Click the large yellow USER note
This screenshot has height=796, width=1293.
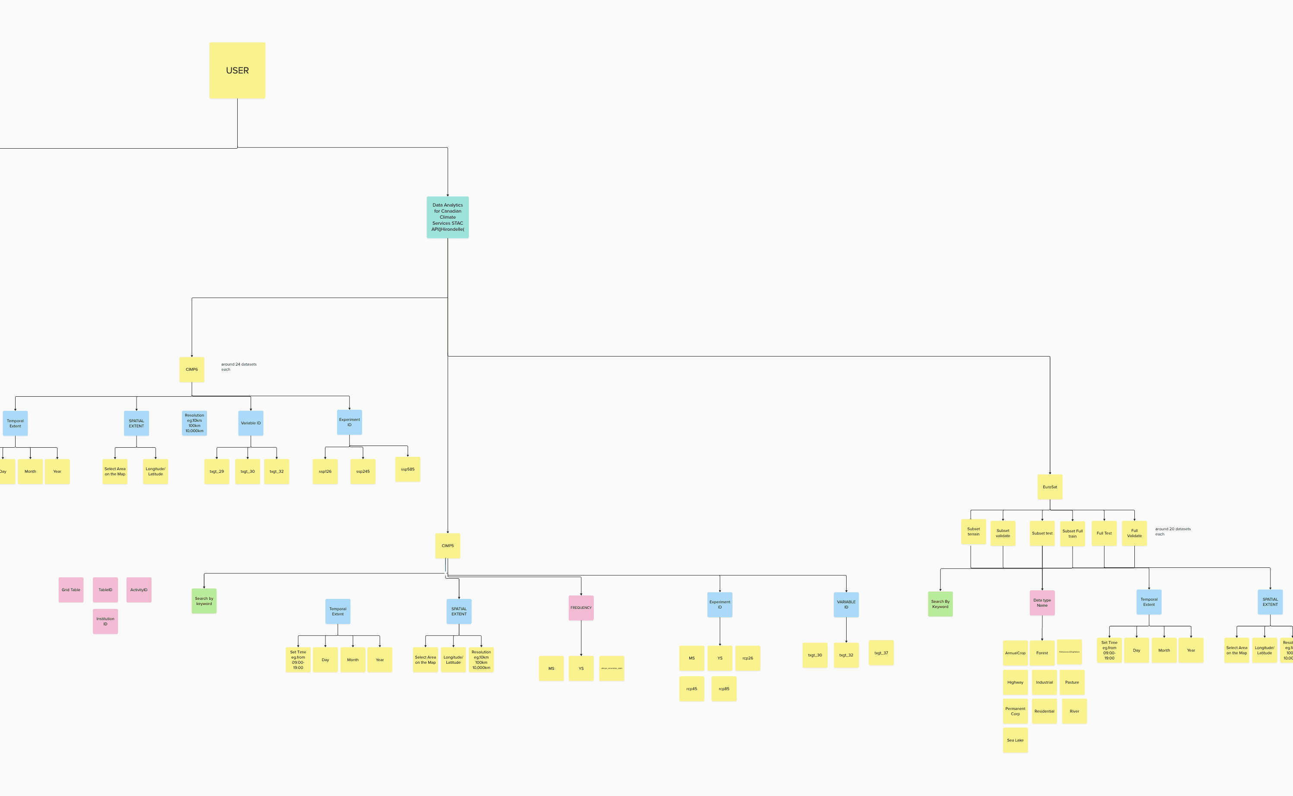coord(237,70)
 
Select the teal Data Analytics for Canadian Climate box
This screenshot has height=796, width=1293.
coord(448,217)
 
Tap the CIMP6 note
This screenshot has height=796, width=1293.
coord(191,369)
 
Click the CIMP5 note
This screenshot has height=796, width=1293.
coord(448,546)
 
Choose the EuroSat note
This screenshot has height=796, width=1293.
coord(1050,487)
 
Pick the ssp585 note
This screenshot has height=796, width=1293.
coord(408,469)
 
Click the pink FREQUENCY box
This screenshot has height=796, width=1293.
coord(581,608)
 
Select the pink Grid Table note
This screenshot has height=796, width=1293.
coord(71,589)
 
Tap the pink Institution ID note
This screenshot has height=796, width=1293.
coord(105,621)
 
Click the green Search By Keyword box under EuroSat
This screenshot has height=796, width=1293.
coord(940,604)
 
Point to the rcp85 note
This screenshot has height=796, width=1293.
coord(724,688)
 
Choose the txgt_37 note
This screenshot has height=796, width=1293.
coord(881,653)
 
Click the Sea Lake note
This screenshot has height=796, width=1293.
coord(1016,740)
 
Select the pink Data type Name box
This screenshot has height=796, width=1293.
coord(1042,603)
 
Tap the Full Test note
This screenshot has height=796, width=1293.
coord(1104,533)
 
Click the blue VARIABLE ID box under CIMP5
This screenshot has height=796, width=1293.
coord(846,605)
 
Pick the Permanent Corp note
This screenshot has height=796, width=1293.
coord(1016,711)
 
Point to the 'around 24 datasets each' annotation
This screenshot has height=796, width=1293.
coord(239,366)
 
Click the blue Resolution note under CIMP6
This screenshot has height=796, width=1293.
coord(194,423)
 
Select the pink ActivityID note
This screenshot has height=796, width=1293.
coord(139,589)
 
